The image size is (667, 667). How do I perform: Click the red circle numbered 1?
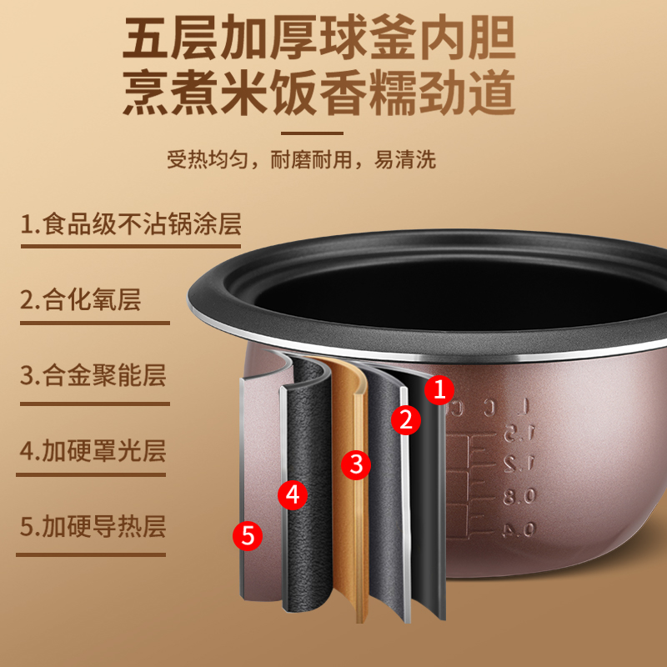pos(442,389)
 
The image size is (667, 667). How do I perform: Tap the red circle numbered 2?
pos(406,419)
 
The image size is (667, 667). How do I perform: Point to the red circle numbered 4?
pos(292,494)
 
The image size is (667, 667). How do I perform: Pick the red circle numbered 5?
pos(248,534)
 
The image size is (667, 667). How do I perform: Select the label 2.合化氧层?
pos(81,299)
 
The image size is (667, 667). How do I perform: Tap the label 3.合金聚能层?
pos(93,374)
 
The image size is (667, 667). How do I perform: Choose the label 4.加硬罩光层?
pos(93,450)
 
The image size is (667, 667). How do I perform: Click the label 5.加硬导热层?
pos(93,526)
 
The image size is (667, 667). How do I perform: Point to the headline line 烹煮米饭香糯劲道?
pos(319,94)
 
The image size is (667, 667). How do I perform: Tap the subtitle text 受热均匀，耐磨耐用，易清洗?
pos(301,159)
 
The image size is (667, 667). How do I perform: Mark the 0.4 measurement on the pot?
pos(518,528)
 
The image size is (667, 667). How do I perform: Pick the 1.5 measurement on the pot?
pos(517,434)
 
